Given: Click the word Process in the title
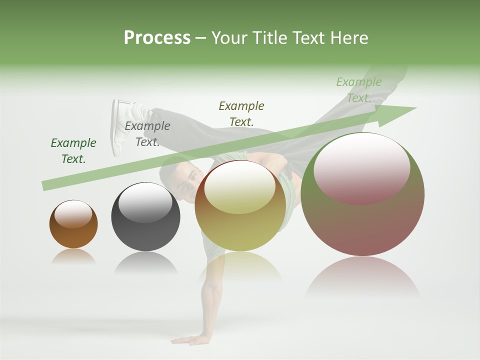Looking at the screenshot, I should (157, 37).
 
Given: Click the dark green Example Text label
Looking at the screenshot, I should (73, 151).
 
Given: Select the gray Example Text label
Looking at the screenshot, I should (147, 134).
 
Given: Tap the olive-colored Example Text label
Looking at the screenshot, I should (241, 113).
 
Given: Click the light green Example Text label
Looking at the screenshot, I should (359, 90).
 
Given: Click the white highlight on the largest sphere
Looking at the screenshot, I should (361, 167).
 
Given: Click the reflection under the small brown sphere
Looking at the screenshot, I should (73, 256).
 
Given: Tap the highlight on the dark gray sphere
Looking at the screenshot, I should (145, 202).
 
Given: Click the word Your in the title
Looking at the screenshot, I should (228, 37).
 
